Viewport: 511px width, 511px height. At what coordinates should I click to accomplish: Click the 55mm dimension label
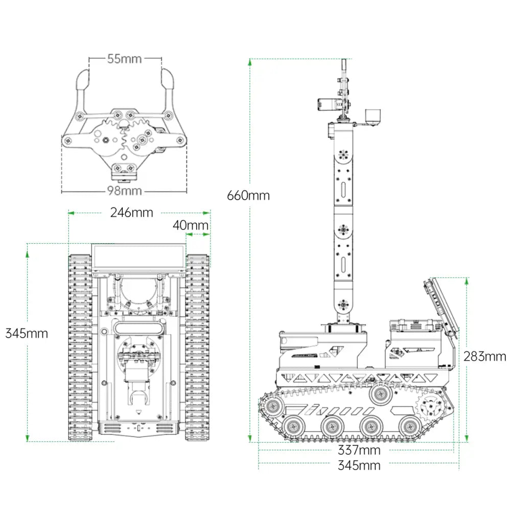[124, 59]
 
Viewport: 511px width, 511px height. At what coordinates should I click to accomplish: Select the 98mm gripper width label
[124, 191]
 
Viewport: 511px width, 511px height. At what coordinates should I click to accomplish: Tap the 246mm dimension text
[131, 213]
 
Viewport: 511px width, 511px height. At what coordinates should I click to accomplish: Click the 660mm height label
[248, 195]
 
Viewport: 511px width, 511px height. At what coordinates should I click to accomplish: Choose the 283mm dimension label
[484, 357]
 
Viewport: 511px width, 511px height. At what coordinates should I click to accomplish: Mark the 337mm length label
[359, 450]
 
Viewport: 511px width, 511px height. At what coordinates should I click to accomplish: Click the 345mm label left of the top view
[27, 334]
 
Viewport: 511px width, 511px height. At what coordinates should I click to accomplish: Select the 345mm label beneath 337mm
[359, 466]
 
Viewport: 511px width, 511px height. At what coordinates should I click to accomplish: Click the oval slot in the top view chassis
[139, 327]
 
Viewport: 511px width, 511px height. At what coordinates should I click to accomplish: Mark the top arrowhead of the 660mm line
[249, 62]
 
